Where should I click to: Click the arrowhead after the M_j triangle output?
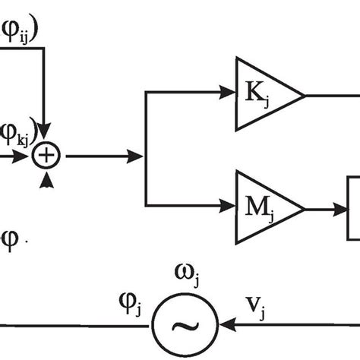[340, 207]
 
